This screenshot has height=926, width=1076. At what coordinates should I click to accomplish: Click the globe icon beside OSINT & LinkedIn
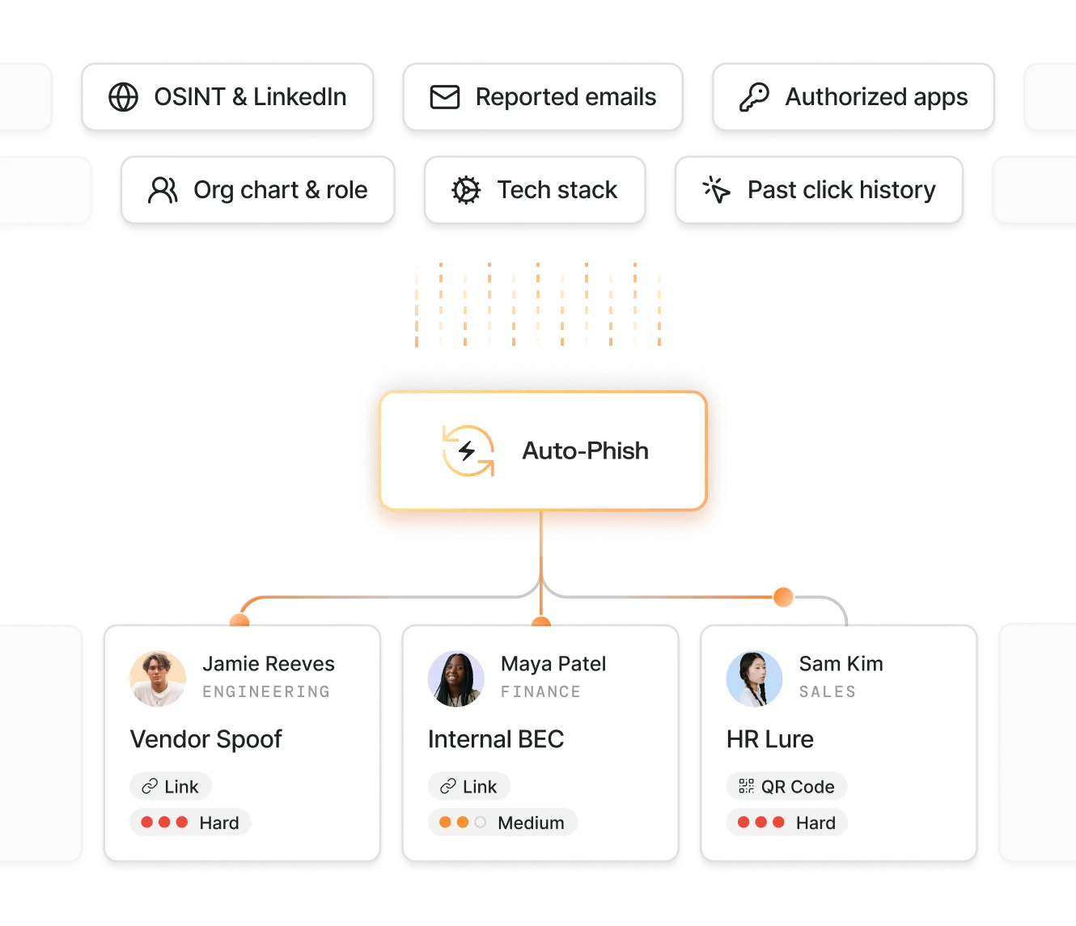point(123,97)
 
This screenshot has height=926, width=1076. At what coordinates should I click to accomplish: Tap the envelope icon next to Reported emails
point(444,97)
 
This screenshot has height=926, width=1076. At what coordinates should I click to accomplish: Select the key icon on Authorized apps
point(754,97)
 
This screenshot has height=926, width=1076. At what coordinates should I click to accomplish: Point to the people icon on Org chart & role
point(163,190)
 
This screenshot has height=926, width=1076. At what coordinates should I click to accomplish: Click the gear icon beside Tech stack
point(466,190)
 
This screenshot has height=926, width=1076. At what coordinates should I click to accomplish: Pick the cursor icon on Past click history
point(717,190)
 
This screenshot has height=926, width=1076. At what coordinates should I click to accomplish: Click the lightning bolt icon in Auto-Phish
point(468,450)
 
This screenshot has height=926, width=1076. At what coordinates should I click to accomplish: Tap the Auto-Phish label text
point(585,450)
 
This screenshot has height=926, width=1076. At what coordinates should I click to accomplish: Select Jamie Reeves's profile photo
point(158,678)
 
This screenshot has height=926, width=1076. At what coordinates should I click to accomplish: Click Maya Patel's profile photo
point(456,678)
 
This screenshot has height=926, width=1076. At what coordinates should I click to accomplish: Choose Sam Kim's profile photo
point(754,678)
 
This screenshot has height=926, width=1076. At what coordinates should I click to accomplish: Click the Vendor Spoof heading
point(205,739)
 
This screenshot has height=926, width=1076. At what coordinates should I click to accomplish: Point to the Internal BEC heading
point(495,739)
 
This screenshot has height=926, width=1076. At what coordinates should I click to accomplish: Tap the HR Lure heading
point(769,739)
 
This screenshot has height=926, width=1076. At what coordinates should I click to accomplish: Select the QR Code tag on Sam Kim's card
point(786,786)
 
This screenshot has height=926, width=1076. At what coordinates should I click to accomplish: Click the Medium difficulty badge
point(502,822)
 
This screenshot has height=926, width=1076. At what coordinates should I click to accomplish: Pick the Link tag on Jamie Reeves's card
point(171,786)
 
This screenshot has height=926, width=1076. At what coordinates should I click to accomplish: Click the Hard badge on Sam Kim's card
point(786,822)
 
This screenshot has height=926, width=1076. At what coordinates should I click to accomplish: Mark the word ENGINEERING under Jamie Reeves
point(266,692)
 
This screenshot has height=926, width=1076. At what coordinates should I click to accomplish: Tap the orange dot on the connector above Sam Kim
point(782,597)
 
